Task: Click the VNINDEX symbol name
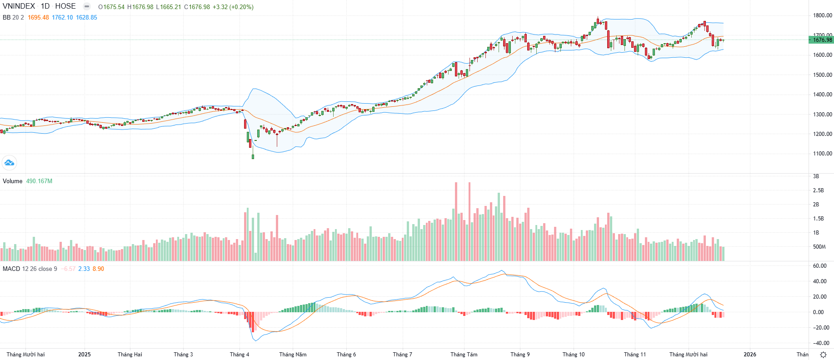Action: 19,6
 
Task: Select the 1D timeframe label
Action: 45,6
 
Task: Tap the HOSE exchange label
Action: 65,6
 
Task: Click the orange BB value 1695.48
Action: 38,18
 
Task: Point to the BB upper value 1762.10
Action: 62,18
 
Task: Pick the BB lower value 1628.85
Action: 86,18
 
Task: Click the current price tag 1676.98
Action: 822,40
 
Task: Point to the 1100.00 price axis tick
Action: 823,154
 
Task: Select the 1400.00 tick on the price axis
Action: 823,95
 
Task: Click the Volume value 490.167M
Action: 39,181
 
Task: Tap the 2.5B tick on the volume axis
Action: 818,190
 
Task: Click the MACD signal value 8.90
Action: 98,269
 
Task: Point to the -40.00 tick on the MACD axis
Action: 821,343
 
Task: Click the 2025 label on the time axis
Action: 85,355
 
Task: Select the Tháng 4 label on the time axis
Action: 240,355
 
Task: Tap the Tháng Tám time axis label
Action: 464,355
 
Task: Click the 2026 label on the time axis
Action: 750,355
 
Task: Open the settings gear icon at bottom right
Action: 823,355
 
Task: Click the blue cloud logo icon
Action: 9,163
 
